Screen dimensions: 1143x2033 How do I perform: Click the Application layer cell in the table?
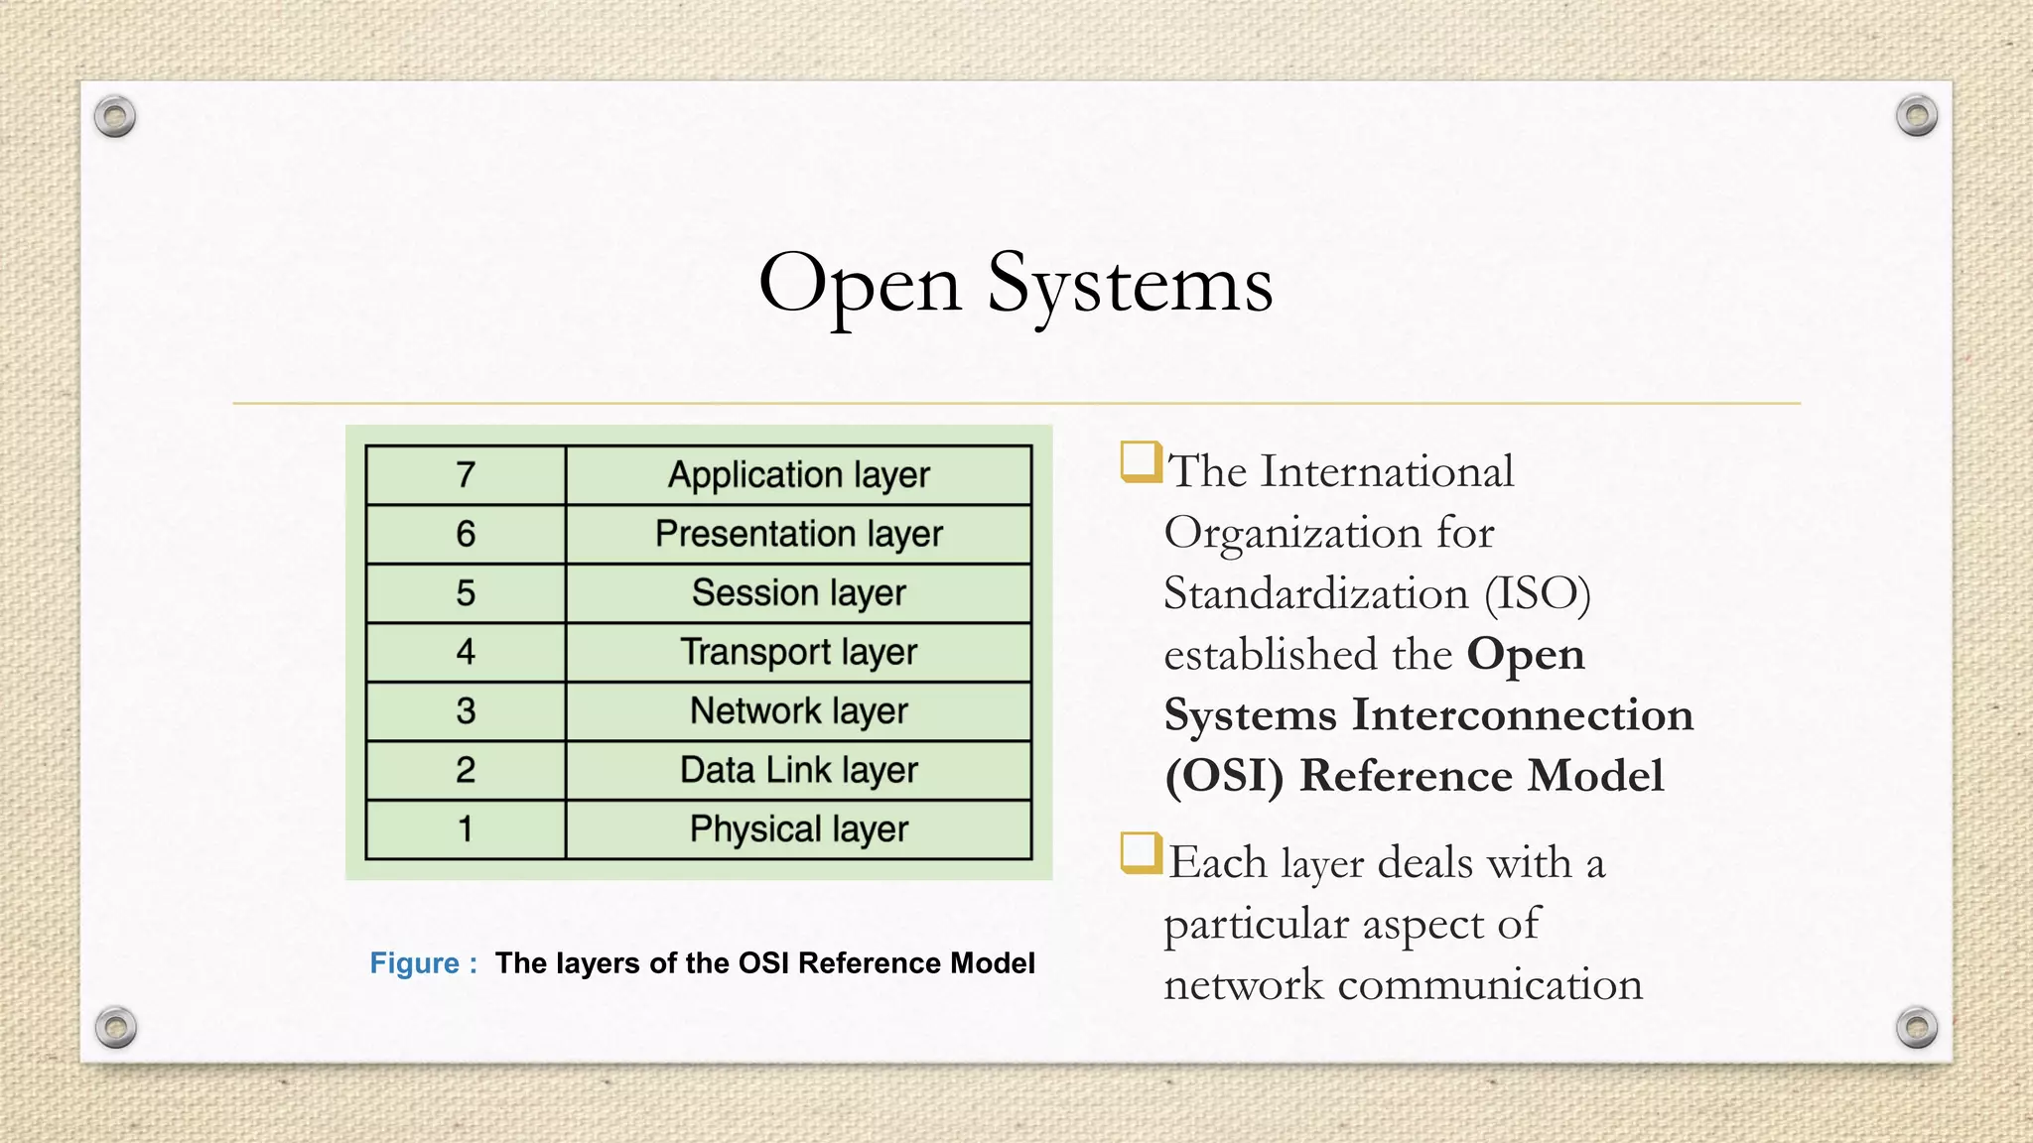pos(798,475)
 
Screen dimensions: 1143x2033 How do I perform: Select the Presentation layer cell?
pos(798,534)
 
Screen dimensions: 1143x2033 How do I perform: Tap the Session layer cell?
pos(798,593)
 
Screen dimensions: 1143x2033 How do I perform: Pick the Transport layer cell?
pos(798,652)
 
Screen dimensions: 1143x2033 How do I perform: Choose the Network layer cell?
pos(798,711)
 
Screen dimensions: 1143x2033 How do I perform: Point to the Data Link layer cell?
pos(798,770)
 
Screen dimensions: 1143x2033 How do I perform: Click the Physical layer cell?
pos(798,829)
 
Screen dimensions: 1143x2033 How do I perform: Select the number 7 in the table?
pos(466,475)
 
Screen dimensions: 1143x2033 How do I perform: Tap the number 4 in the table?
pos(466,652)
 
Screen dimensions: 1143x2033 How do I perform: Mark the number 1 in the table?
pos(466,829)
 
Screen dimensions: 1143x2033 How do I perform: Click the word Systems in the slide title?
pos(1130,285)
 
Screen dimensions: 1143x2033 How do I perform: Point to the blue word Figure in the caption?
pos(414,963)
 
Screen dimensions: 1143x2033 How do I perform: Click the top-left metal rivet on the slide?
pos(115,117)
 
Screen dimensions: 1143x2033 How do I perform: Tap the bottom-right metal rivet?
pos(1916,1027)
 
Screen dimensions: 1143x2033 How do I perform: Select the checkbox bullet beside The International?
pos(1141,462)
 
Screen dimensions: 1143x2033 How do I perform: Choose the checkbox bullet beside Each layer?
pos(1141,853)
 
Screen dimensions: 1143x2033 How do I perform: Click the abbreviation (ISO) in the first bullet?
pos(1538,594)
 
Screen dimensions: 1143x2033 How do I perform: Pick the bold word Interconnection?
pos(1523,715)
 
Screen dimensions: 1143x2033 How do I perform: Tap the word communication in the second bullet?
pos(1490,985)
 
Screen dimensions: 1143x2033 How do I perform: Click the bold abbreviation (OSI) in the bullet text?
pos(1224,776)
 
